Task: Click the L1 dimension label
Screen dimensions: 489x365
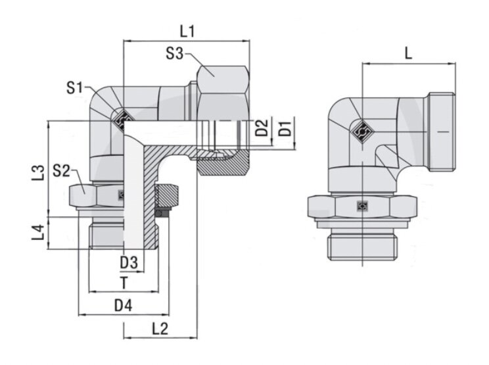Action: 187,32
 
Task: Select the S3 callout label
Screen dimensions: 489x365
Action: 175,53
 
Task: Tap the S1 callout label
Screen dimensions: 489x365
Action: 75,88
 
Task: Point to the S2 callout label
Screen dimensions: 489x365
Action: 61,170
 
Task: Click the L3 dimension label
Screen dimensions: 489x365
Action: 39,173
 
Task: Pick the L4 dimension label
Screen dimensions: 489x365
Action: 39,233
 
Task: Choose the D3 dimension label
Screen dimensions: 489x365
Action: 129,263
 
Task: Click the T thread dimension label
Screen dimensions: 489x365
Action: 124,283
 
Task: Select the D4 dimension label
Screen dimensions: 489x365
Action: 123,305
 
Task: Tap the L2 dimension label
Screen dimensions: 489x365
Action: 160,329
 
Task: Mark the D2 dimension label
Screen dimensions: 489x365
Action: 262,128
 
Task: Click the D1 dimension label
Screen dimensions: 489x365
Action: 285,128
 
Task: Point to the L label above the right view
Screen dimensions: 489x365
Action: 408,54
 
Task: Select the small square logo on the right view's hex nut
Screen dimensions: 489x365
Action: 363,206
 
